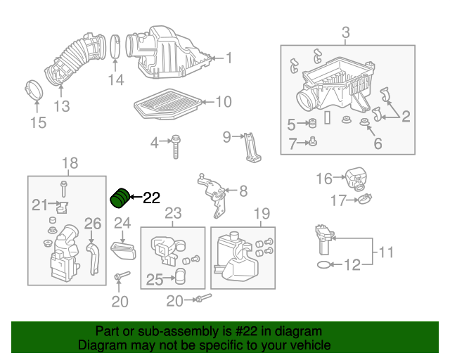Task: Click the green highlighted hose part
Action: (122, 198)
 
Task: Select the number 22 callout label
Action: (152, 198)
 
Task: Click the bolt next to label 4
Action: (175, 145)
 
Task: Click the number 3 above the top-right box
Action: (346, 32)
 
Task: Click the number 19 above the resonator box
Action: (262, 213)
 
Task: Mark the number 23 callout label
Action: (173, 213)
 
